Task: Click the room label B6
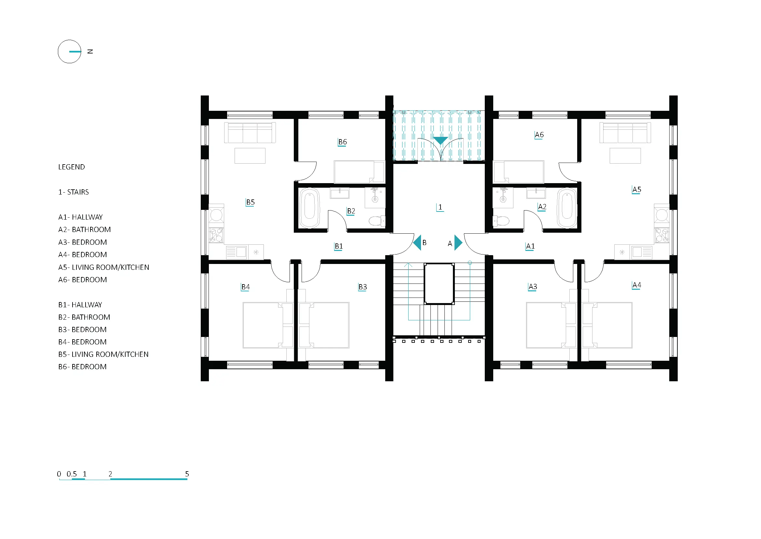342,142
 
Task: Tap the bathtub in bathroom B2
309,208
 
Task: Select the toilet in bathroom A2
501,220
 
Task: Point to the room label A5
636,190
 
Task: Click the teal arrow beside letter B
417,243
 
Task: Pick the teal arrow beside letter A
458,243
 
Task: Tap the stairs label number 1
440,207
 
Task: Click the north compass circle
70,51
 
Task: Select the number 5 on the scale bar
187,474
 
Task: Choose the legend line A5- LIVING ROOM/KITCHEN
103,267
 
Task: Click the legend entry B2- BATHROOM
84,317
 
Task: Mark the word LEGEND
72,167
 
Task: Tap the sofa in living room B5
250,133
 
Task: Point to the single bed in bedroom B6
359,172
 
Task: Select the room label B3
362,287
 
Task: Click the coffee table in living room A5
625,156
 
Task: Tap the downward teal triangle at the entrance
441,140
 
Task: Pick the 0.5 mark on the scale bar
72,474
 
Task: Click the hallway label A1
530,246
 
